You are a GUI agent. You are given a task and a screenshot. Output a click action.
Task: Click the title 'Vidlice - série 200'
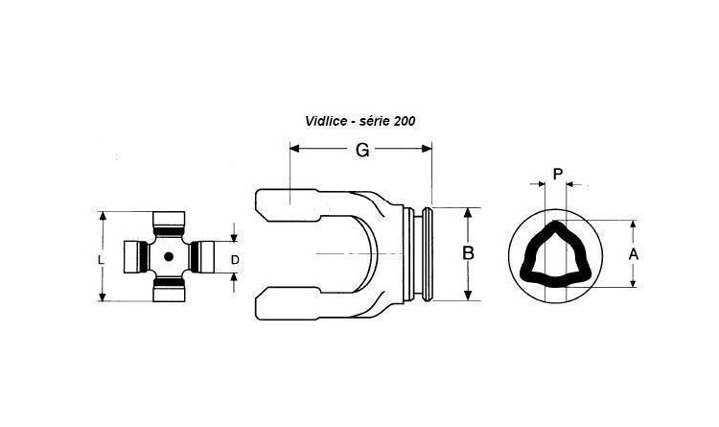tap(359, 121)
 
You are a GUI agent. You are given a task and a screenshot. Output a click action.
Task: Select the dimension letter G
tap(362, 150)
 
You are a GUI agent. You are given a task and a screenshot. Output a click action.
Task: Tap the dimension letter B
tap(468, 253)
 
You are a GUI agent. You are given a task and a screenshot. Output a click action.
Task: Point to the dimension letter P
tap(558, 174)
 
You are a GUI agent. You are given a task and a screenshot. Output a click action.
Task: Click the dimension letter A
tap(634, 254)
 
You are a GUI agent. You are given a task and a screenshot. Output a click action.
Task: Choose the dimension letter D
tap(235, 260)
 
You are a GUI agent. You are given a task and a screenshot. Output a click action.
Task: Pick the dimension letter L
tap(102, 260)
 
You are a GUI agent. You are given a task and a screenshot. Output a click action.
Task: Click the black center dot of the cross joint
tap(169, 256)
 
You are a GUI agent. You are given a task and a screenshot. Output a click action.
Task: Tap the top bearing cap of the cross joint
tap(169, 224)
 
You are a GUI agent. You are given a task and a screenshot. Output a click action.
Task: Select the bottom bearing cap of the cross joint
tap(169, 289)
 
